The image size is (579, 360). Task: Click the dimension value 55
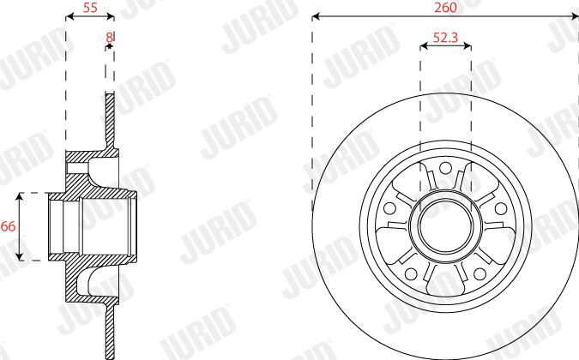click(x=90, y=8)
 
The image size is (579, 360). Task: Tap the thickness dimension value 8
click(x=109, y=37)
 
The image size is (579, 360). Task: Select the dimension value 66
click(x=8, y=226)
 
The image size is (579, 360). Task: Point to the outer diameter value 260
click(x=445, y=8)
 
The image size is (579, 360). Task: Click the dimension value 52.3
click(x=445, y=37)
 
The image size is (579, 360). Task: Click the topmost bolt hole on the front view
click(x=446, y=168)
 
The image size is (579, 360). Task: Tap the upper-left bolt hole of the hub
click(x=390, y=208)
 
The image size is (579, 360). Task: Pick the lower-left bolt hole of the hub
click(x=411, y=273)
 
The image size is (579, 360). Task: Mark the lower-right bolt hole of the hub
click(x=479, y=273)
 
